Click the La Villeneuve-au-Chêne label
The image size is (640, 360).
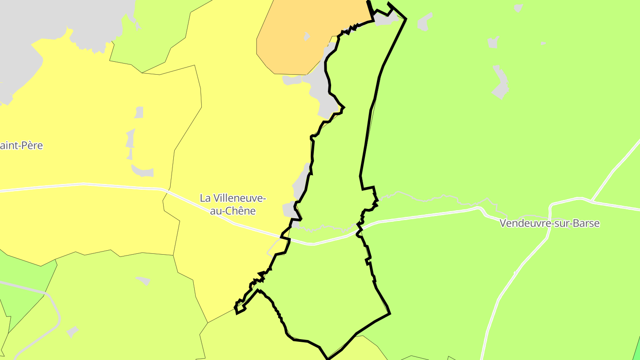pos(233,204)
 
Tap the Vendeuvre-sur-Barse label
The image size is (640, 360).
pos(550,223)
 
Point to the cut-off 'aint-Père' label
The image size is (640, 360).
pos(21,145)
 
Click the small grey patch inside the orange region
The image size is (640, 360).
pos(307,36)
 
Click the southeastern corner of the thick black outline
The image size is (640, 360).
pos(389,313)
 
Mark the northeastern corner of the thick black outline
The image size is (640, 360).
pos(405,19)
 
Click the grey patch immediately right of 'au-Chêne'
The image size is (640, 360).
pos(289,209)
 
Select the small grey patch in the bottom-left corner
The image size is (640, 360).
pos(72,332)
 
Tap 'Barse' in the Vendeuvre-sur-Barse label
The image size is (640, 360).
pos(586,223)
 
